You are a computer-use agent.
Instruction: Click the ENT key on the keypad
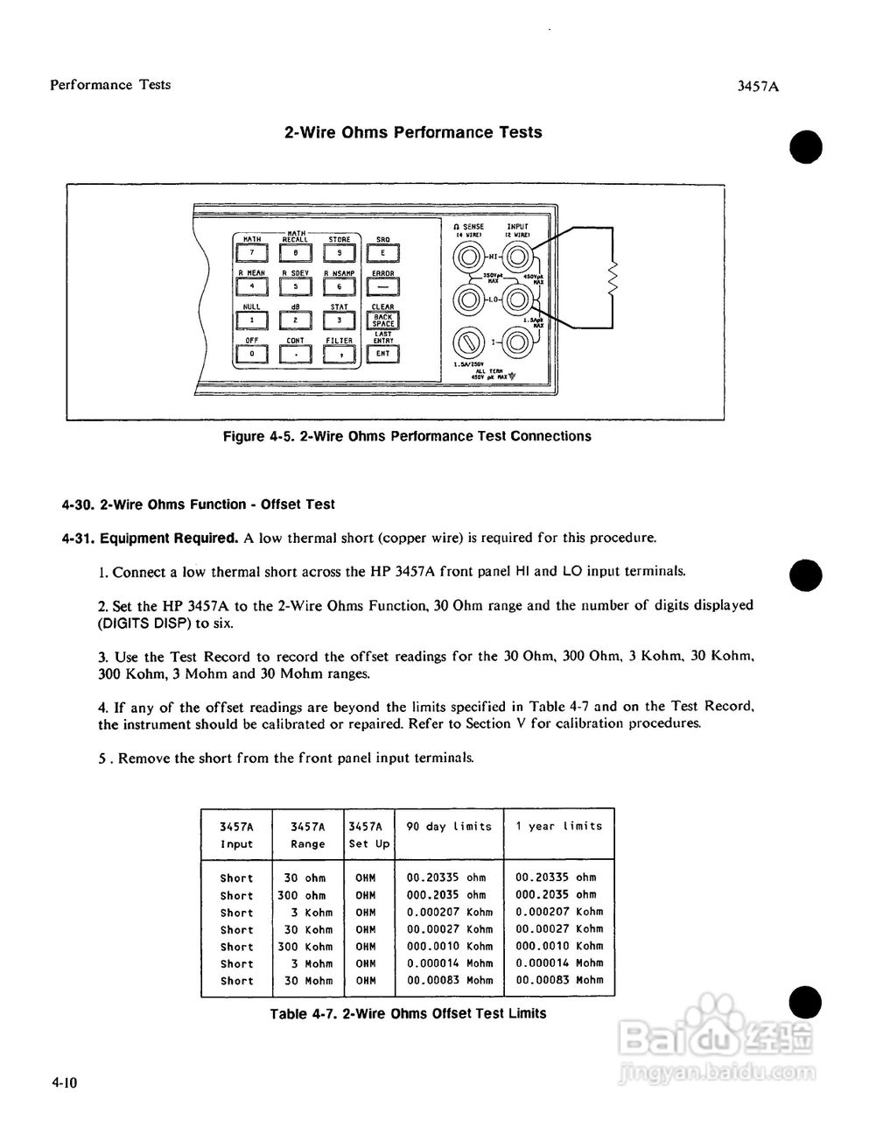[x=382, y=354]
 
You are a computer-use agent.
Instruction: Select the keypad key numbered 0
[x=251, y=354]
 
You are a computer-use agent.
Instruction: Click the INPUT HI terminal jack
[x=517, y=257]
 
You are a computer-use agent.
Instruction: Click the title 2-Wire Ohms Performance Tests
[x=413, y=132]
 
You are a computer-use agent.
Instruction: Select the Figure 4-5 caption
[x=407, y=436]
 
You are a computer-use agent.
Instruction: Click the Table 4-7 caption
[x=408, y=1013]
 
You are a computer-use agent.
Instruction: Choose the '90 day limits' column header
[x=449, y=826]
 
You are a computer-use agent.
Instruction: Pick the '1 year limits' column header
[x=558, y=826]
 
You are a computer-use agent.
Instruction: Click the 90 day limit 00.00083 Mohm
[x=450, y=980]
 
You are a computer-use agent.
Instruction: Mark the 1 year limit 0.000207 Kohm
[x=559, y=912]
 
